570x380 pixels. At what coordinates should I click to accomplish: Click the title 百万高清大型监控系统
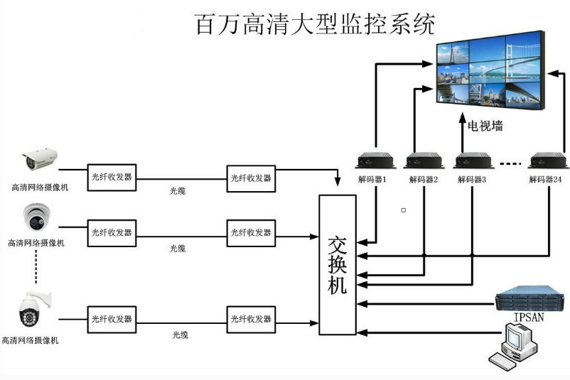click(315, 24)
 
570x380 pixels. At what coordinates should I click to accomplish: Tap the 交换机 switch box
click(338, 265)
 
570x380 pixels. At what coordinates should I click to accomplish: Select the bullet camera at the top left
click(40, 159)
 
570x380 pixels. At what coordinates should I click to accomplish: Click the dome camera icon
click(37, 217)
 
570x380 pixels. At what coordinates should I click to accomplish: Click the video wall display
click(490, 70)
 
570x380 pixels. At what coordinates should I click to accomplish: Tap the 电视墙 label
click(485, 126)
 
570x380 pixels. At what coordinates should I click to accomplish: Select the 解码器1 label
click(372, 179)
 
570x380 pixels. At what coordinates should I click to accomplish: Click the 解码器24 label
click(545, 179)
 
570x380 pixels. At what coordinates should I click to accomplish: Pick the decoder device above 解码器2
click(424, 161)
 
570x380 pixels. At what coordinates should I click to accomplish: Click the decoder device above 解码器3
click(473, 161)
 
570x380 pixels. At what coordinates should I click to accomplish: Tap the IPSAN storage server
click(529, 298)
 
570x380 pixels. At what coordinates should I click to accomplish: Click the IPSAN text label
click(529, 317)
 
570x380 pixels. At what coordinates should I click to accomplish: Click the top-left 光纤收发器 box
click(112, 178)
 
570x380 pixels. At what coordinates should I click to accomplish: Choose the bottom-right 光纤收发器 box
click(251, 320)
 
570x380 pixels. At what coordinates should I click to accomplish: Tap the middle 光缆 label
click(178, 249)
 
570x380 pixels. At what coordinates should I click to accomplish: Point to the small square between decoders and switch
click(404, 210)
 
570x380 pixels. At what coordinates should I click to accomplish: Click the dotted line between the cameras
click(36, 266)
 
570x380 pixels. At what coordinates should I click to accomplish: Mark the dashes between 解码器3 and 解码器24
click(510, 164)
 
